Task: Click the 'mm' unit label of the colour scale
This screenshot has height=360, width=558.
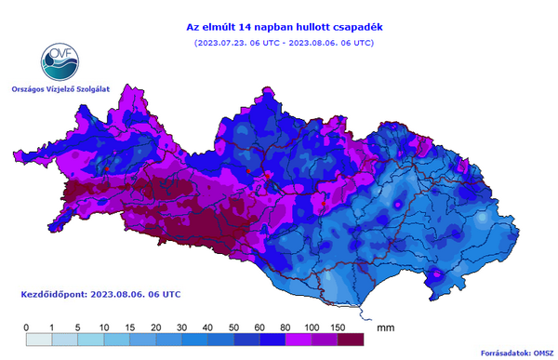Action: [x=387, y=327]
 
